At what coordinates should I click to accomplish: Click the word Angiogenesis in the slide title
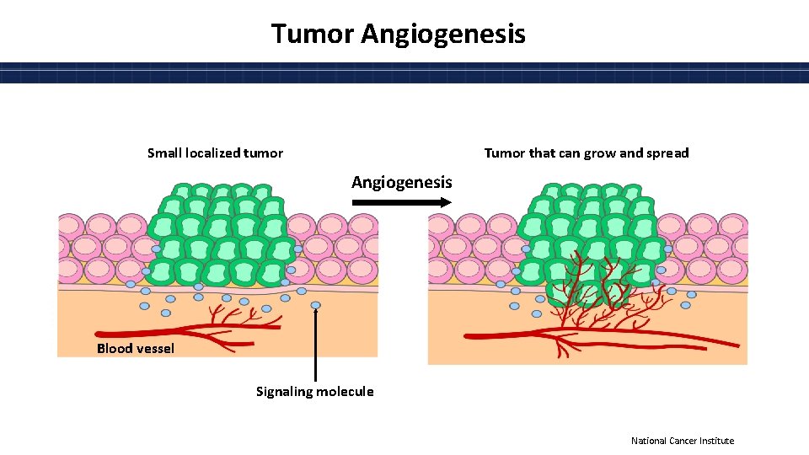coord(443,34)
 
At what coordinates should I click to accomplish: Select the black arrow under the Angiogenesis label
coord(401,202)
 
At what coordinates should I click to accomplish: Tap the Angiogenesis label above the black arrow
coord(401,182)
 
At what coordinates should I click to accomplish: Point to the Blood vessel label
coord(136,348)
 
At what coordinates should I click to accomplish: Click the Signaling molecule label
coord(315,391)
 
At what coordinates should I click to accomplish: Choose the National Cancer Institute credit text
coord(683,441)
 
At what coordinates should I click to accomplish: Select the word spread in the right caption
coord(667,153)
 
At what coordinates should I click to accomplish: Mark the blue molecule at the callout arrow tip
coord(315,305)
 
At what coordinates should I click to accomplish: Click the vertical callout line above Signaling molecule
coord(315,345)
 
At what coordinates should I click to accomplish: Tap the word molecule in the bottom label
coord(346,391)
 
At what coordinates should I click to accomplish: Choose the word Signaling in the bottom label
coord(285,391)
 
